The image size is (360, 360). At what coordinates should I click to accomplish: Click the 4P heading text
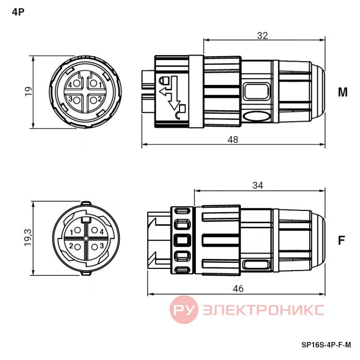pos(18,12)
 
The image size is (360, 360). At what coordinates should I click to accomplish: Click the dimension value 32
pos(262,35)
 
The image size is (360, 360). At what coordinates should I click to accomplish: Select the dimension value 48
pos(233,139)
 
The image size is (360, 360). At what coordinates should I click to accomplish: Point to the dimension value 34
pos(258,185)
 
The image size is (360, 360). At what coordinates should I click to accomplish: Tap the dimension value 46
pos(238,289)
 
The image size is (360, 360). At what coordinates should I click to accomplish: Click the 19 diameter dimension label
pos(28,92)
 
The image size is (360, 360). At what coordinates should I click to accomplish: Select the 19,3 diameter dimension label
pos(28,238)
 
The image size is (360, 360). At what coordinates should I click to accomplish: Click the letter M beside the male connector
pos(343,92)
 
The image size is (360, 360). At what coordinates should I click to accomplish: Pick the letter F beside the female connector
pos(341,240)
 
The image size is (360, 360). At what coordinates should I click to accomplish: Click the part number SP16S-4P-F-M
pos(326,345)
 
